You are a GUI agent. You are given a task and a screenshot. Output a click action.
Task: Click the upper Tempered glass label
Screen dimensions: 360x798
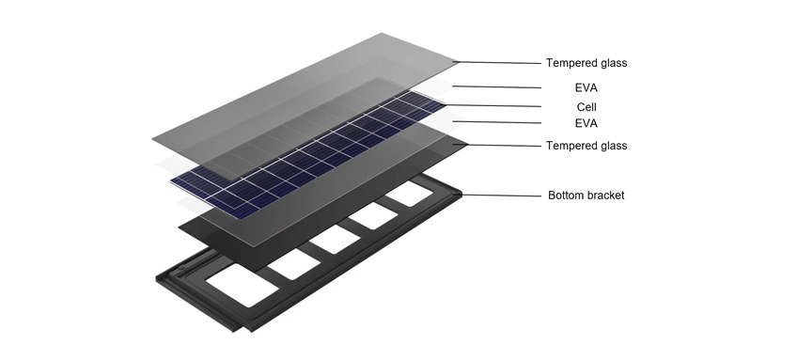coord(586,63)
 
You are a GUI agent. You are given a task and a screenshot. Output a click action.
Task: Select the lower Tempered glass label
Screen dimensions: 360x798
coord(586,146)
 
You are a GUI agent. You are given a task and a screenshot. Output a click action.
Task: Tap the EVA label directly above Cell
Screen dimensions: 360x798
coord(586,87)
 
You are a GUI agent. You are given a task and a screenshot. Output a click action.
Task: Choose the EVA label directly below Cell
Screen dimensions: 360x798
coord(586,123)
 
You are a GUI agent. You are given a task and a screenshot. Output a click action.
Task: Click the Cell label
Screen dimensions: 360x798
coord(586,106)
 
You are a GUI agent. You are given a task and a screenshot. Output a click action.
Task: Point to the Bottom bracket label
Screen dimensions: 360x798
coord(586,196)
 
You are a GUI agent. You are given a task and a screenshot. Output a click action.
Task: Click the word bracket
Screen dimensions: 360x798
coord(605,196)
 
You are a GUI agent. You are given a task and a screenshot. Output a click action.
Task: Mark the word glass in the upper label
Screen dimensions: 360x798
coord(613,63)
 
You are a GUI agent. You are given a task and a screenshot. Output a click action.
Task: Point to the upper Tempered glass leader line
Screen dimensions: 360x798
coord(498,63)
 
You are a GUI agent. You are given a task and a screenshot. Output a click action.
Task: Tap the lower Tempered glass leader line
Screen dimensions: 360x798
coord(498,145)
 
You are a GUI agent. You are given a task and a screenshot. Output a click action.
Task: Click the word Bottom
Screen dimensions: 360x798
coord(566,196)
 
